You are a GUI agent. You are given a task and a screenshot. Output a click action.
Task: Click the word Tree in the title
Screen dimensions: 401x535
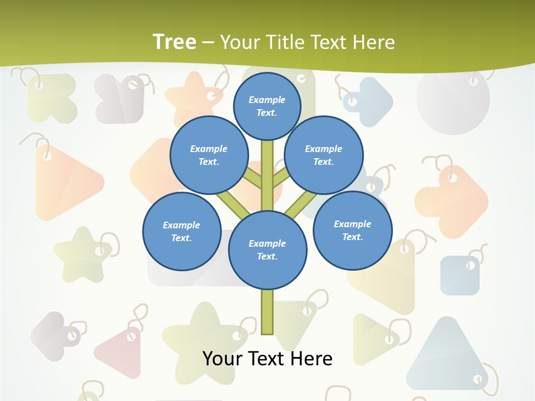tap(174, 42)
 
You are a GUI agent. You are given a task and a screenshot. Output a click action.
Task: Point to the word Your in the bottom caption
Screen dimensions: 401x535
tap(222, 358)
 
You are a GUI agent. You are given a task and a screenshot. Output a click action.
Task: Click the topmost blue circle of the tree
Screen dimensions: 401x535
tap(267, 106)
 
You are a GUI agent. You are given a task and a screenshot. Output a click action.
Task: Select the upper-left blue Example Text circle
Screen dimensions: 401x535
tap(209, 155)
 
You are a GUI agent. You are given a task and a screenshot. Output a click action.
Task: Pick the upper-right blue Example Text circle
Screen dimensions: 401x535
tap(324, 155)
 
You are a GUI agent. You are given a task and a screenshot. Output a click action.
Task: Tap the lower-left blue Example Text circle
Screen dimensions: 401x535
tap(182, 231)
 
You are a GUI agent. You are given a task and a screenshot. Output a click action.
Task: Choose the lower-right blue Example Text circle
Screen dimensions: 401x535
tap(352, 230)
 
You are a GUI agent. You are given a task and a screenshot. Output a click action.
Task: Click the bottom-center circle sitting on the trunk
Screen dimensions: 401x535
tap(267, 250)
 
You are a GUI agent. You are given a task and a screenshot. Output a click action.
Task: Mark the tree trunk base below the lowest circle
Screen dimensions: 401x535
tap(267, 312)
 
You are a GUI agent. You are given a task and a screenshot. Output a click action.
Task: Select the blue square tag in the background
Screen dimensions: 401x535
tap(459, 275)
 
